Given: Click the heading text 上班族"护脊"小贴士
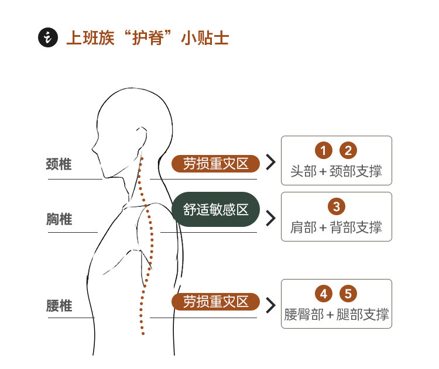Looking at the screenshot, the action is (147, 39).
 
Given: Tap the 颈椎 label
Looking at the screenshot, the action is (59, 164).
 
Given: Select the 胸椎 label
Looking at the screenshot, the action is (59, 219).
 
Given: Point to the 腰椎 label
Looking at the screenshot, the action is (59, 305).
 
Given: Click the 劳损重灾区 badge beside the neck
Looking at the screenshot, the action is (215, 164).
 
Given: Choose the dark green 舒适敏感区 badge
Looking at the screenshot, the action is (215, 209).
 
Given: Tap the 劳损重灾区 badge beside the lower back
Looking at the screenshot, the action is (215, 302).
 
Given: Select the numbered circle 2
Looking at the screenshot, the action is (348, 150).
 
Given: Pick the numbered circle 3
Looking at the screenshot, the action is (336, 206).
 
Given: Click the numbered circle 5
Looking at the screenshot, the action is (348, 294).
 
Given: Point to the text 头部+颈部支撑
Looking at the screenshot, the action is (336, 172).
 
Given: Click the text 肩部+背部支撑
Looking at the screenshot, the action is (336, 227).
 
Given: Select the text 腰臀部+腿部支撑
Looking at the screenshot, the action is (336, 315).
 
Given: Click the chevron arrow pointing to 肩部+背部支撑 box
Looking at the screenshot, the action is (270, 218).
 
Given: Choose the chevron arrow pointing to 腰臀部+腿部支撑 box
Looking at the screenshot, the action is (270, 305).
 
